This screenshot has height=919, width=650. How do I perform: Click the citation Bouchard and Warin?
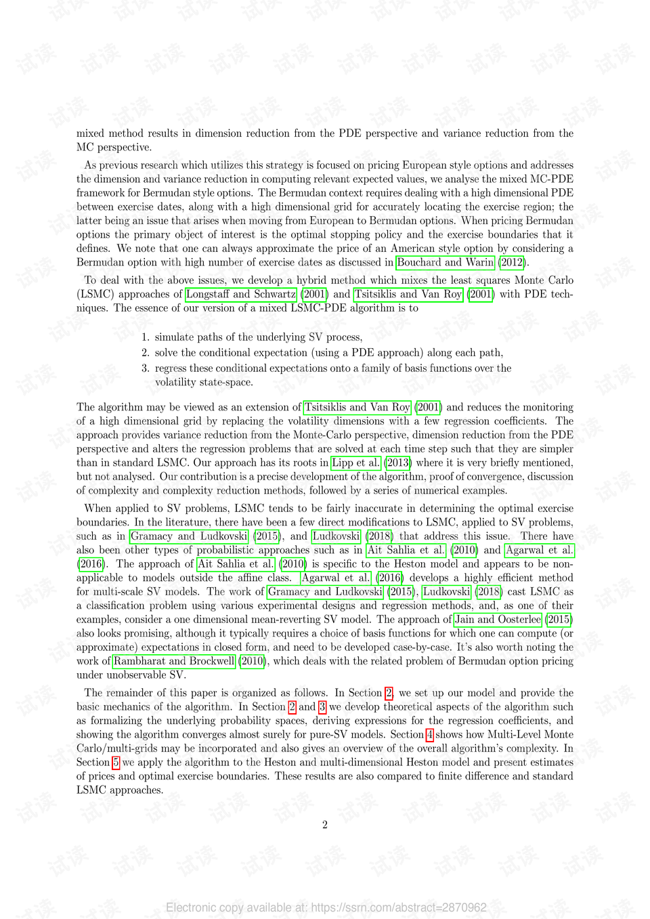pyautogui.click(x=445, y=262)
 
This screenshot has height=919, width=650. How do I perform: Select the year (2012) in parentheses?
pyautogui.click(x=512, y=262)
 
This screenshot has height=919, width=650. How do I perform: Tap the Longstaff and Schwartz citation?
pyautogui.click(x=241, y=294)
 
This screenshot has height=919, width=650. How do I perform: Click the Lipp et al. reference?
pyautogui.click(x=356, y=463)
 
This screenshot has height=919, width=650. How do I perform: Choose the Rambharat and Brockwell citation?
pyautogui.click(x=174, y=661)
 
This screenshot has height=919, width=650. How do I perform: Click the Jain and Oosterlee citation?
pyautogui.click(x=498, y=619)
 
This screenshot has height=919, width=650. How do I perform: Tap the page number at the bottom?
pyautogui.click(x=325, y=824)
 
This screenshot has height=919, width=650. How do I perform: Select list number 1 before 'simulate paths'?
pyautogui.click(x=145, y=337)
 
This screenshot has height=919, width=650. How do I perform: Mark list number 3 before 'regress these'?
pyautogui.click(x=145, y=368)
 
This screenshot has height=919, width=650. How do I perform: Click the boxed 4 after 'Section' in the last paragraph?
pyautogui.click(x=429, y=734)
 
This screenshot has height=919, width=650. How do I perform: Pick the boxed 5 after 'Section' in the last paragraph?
pyautogui.click(x=116, y=762)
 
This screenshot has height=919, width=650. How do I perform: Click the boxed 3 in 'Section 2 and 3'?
pyautogui.click(x=322, y=706)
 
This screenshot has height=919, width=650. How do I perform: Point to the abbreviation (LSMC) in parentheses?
pyautogui.click(x=95, y=294)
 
